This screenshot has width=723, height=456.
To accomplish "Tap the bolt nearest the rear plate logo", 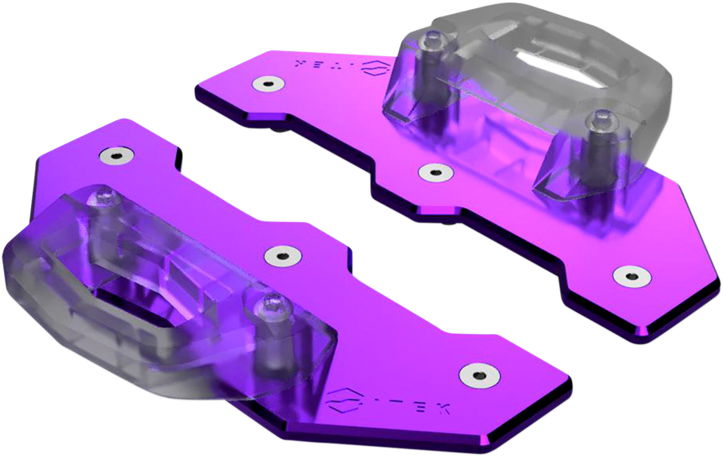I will click(429, 41).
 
